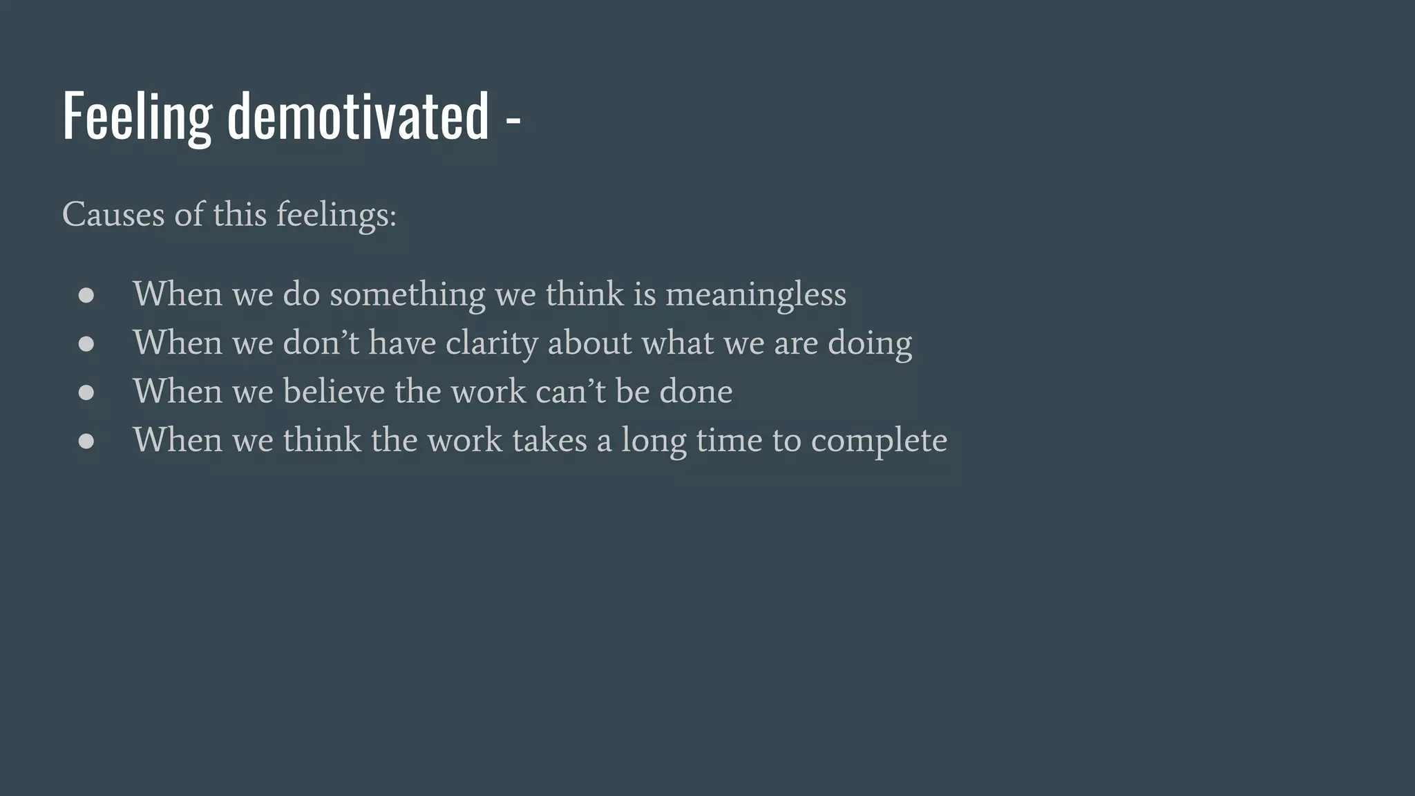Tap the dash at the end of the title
pyautogui.click(x=513, y=123)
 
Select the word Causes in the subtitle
pyautogui.click(x=113, y=214)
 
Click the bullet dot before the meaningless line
pyautogui.click(x=86, y=296)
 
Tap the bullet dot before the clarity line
pyautogui.click(x=86, y=344)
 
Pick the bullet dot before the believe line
pyautogui.click(x=86, y=392)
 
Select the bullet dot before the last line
pyautogui.click(x=86, y=441)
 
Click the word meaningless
pyautogui.click(x=755, y=295)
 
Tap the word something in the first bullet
pyautogui.click(x=408, y=295)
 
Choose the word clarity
pyautogui.click(x=491, y=343)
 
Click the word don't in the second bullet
pyautogui.click(x=321, y=343)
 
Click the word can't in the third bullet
pyautogui.click(x=570, y=392)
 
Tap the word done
pyautogui.click(x=696, y=392)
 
